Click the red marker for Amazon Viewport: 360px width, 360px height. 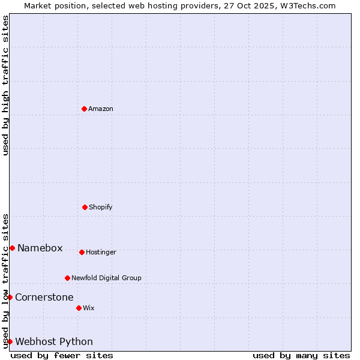point(84,109)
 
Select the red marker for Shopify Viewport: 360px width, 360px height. point(85,207)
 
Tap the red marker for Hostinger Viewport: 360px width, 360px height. point(82,252)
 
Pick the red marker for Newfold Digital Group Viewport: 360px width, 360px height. point(67,278)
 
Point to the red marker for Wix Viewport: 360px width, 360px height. point(79,308)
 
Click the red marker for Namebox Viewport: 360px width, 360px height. point(12,248)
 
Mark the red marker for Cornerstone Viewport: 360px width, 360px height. point(10,297)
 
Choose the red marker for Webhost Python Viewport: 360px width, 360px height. point(10,341)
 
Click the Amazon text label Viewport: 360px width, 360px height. point(101,109)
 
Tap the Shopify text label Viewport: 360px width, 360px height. point(101,208)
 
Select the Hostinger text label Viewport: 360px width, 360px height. point(101,253)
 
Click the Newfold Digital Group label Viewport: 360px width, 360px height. point(106,278)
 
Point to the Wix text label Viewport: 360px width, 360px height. point(89,308)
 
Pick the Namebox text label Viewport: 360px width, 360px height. point(40,248)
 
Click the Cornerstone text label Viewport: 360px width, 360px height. point(44,298)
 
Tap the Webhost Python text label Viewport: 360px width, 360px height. point(54,342)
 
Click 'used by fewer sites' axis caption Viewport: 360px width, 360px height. point(62,355)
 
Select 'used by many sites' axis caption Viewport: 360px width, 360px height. point(301,355)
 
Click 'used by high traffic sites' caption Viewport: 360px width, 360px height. point(5,85)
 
